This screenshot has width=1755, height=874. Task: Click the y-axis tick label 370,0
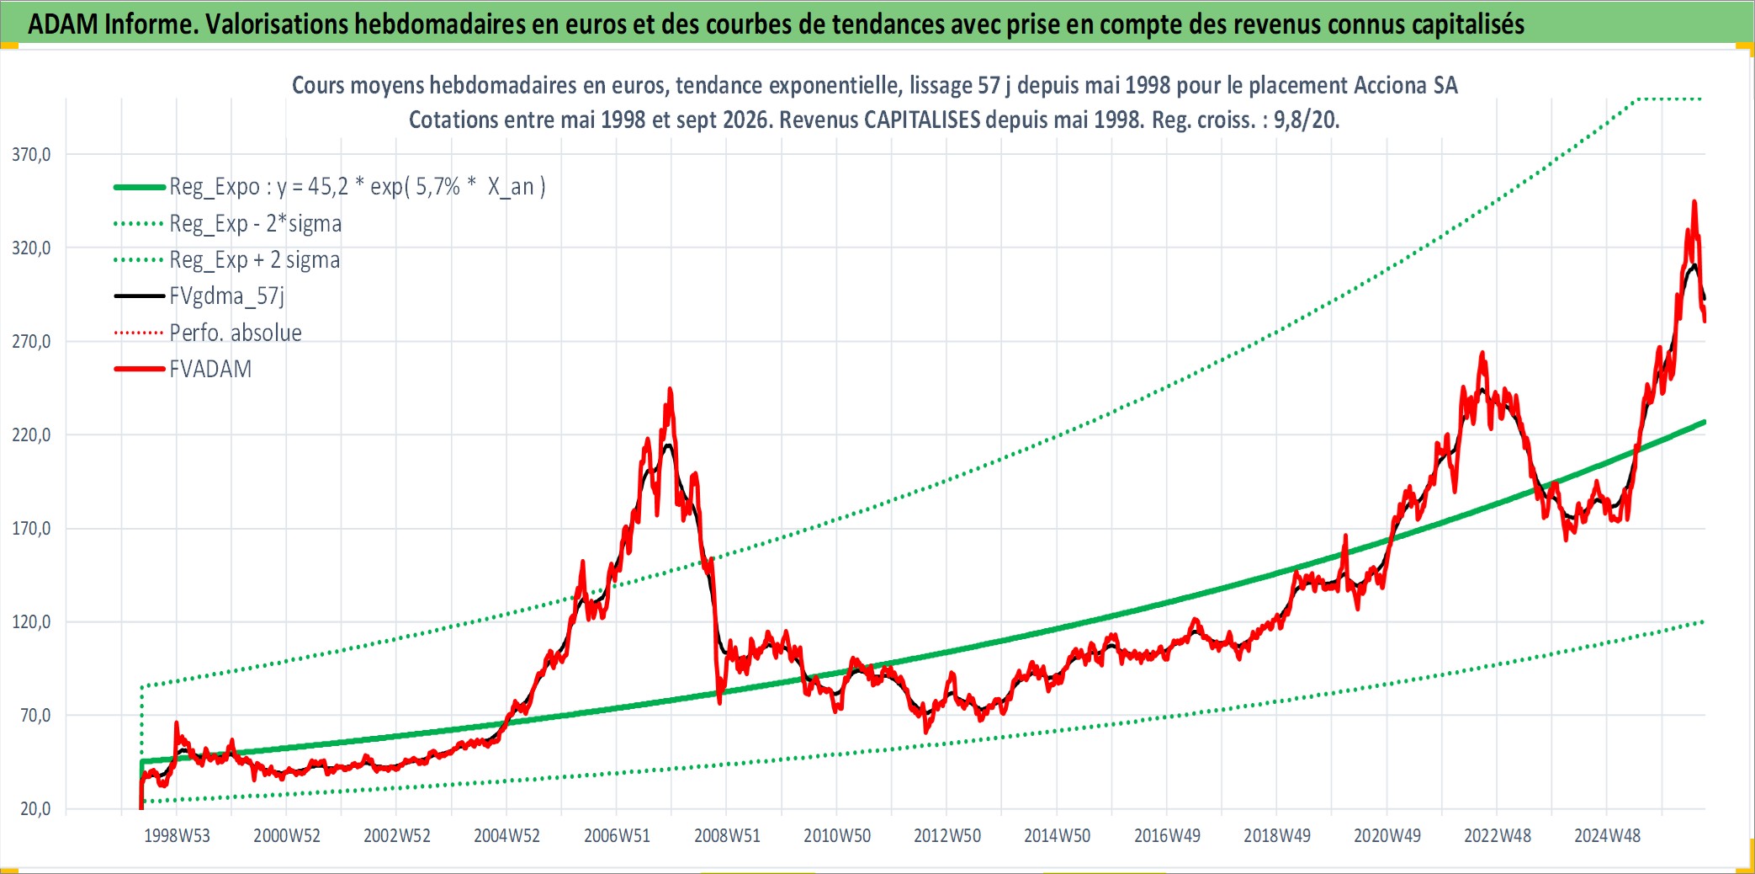click(31, 155)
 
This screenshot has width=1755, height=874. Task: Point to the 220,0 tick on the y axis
click(31, 435)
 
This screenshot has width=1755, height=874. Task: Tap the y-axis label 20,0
click(35, 809)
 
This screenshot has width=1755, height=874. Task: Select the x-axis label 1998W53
click(177, 836)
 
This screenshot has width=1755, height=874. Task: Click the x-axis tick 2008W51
click(727, 836)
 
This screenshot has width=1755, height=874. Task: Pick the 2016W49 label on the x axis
click(1167, 836)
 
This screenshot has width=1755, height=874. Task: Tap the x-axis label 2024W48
click(1607, 836)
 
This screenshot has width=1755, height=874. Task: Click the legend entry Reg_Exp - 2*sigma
click(256, 224)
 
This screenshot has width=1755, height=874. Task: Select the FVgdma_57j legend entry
click(227, 296)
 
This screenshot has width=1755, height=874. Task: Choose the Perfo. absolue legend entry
click(236, 333)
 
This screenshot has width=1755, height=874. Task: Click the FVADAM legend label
click(210, 370)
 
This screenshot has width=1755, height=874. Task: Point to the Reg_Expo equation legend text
click(358, 187)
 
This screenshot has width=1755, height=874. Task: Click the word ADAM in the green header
click(63, 24)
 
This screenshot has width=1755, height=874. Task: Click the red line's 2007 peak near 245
click(670, 389)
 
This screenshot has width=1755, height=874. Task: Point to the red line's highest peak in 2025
click(1694, 201)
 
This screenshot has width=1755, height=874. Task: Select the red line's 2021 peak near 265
click(1482, 353)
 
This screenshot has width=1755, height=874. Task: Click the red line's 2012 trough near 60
click(926, 732)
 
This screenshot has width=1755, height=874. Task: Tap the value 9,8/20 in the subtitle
click(1306, 120)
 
